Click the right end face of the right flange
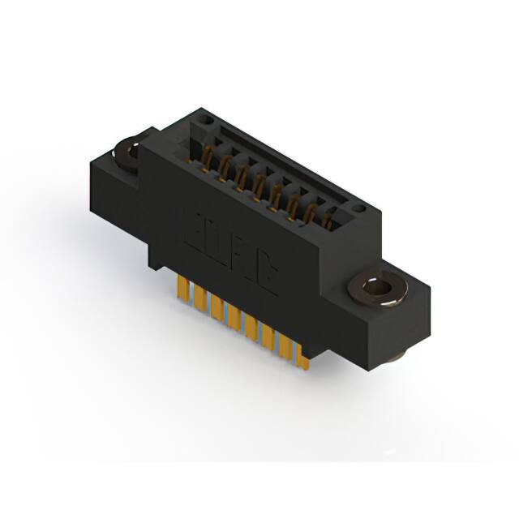click(414, 320)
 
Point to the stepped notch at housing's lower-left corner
click(154, 264)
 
